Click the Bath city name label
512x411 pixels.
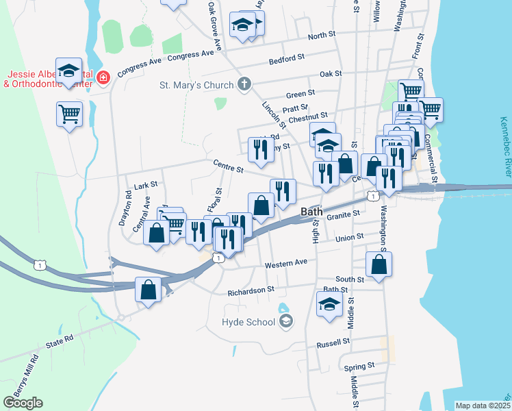311,212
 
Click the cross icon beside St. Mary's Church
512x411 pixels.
244,85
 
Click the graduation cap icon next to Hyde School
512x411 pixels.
286,321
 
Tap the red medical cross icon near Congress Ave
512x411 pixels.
103,79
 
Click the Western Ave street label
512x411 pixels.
287,262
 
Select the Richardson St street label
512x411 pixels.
251,290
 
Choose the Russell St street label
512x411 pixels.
333,340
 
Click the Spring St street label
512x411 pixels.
360,366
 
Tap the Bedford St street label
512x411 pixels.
287,60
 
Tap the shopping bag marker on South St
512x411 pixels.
379,264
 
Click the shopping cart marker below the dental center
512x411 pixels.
69,114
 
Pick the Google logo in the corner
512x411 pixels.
23,403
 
